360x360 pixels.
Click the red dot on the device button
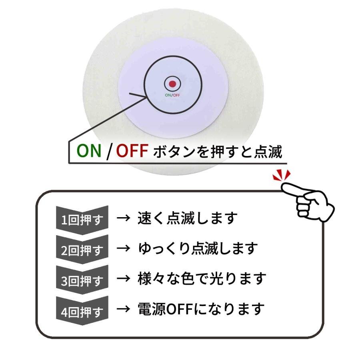pyautogui.click(x=172, y=84)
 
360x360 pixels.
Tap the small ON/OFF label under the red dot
pyautogui.click(x=172, y=95)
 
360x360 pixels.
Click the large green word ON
pyautogui.click(x=89, y=151)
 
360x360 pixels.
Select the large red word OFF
pyautogui.click(x=132, y=151)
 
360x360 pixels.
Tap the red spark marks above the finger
pyautogui.click(x=282, y=175)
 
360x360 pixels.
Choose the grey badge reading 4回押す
pyautogui.click(x=82, y=311)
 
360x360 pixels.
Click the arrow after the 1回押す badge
pyautogui.click(x=124, y=218)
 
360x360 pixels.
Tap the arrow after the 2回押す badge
pyautogui.click(x=124, y=248)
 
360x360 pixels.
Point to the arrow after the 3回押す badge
pyautogui.click(x=124, y=278)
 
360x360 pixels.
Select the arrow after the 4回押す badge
pyautogui.click(x=124, y=309)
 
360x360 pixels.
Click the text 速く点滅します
pyautogui.click(x=187, y=218)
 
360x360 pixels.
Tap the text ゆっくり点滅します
pyautogui.click(x=198, y=248)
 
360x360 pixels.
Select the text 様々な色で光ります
pyautogui.click(x=202, y=278)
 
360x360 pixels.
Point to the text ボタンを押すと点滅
pyautogui.click(x=218, y=152)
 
